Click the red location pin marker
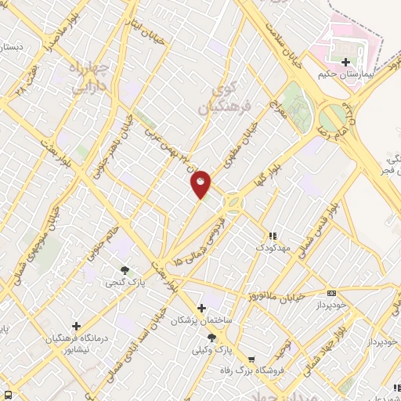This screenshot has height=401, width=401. pyautogui.click(x=200, y=183)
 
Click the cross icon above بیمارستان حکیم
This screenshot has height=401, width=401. pyautogui.click(x=345, y=61)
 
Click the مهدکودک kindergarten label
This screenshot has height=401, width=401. pyautogui.click(x=273, y=247)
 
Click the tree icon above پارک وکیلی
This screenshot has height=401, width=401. pyautogui.click(x=211, y=338)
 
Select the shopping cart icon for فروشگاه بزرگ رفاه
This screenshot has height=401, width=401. pyautogui.click(x=251, y=361)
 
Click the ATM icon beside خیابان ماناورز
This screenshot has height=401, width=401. pyautogui.click(x=331, y=292)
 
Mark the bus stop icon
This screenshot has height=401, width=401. pyautogui.click(x=7, y=394)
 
